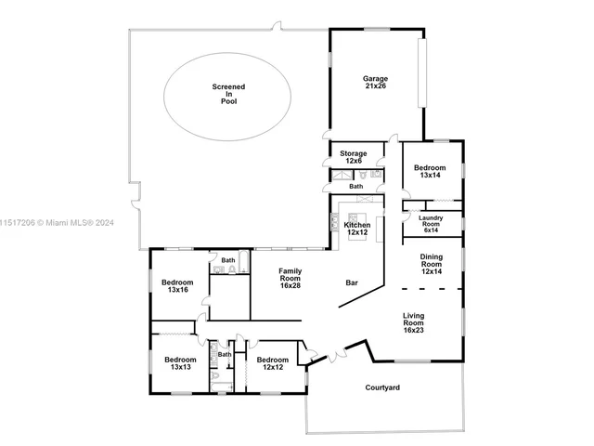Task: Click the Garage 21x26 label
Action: [x=375, y=84]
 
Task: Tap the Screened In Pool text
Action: [x=228, y=94]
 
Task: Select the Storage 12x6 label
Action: [x=353, y=157]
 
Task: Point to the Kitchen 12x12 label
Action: [x=357, y=229]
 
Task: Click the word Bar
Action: [x=353, y=282]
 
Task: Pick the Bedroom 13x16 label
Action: [x=177, y=286]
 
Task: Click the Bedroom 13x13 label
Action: [x=180, y=363]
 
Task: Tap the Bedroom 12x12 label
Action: [x=272, y=363]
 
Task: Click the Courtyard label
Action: [x=382, y=387]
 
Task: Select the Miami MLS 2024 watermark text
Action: [x=56, y=222]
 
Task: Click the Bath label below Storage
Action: [x=356, y=186]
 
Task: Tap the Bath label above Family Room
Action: [x=228, y=260]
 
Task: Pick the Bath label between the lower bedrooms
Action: [x=224, y=354]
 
